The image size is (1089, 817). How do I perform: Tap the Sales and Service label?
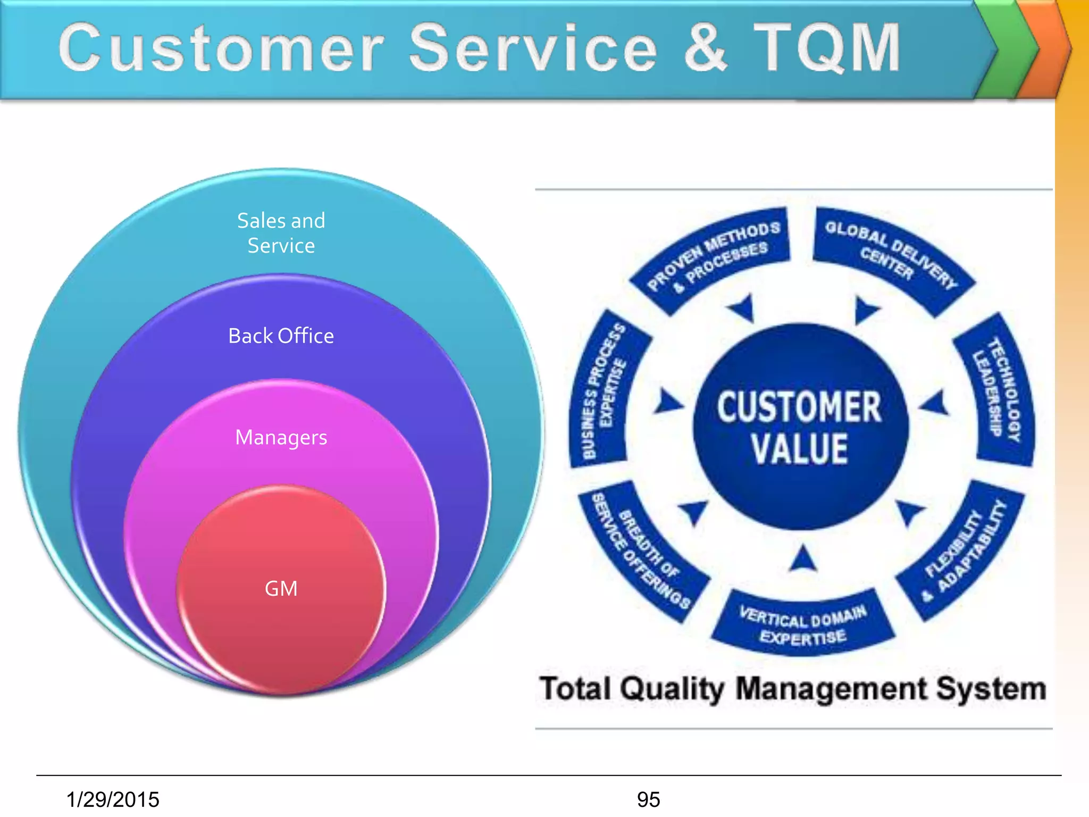[281, 233]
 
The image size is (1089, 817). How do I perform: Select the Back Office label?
[281, 336]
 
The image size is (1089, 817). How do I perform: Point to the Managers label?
[281, 438]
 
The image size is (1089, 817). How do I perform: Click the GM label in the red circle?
[281, 589]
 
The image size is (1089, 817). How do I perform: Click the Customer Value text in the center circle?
[799, 427]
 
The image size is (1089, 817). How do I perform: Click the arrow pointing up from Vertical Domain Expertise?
[803, 559]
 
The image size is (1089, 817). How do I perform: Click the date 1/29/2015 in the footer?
[113, 799]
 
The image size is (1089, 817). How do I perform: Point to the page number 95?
[648, 799]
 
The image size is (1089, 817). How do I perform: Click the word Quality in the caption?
[672, 689]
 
